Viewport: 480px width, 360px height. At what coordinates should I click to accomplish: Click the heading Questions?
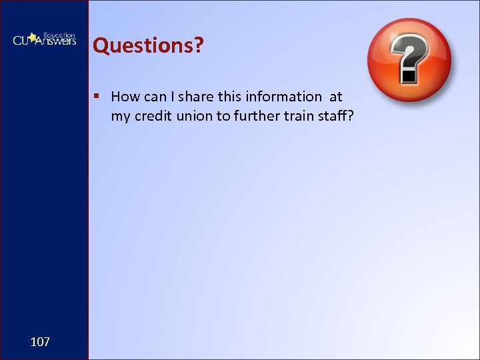click(x=148, y=45)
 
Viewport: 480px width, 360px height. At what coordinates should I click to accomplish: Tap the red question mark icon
click(x=409, y=60)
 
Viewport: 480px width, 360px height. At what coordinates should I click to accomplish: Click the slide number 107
click(x=40, y=342)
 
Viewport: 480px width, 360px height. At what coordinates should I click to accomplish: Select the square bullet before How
click(x=97, y=96)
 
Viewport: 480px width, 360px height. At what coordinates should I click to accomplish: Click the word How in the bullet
click(x=125, y=97)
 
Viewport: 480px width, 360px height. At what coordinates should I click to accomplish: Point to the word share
click(x=196, y=97)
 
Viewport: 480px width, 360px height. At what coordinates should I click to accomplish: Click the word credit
click(x=152, y=115)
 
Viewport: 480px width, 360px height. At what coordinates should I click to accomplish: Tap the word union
click(x=193, y=115)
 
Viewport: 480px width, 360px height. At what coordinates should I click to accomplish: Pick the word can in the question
click(x=156, y=97)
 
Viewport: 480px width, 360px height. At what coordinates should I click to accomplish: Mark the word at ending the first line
click(x=335, y=97)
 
